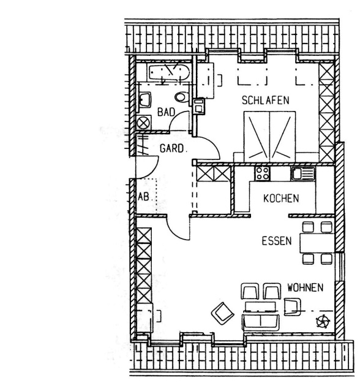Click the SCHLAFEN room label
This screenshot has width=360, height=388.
(265, 100)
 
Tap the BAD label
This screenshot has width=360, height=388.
(166, 112)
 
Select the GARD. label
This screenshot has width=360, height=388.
(172, 148)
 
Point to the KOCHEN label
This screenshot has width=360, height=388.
(281, 199)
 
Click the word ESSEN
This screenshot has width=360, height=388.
(277, 241)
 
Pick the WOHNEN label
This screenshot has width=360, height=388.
(306, 287)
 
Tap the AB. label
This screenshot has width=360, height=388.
(144, 197)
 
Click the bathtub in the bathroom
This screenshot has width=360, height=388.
(168, 72)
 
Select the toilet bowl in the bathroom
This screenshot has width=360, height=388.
(182, 97)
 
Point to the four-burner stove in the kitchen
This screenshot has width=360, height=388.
(262, 173)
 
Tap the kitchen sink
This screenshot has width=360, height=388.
(302, 173)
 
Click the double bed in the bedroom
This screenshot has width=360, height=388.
(269, 137)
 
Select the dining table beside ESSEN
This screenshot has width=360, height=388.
(317, 243)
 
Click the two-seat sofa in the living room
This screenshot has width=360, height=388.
(261, 322)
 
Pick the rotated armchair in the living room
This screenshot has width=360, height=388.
(222, 313)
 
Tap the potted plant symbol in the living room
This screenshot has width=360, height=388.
(323, 321)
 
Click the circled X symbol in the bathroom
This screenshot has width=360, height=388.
(143, 123)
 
